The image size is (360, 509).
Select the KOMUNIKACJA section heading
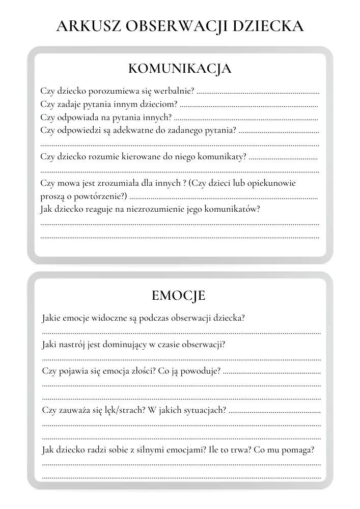point(180,69)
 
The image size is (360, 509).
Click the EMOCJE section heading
point(178,295)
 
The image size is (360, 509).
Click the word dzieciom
point(158,104)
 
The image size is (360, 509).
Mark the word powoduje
point(203,371)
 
